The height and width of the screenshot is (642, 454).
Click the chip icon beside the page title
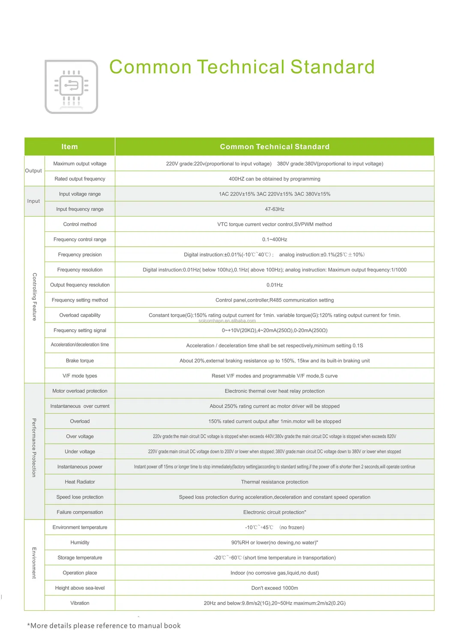(x=72, y=87)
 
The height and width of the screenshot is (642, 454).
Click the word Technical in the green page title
(x=241, y=67)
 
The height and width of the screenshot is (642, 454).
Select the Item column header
(x=69, y=147)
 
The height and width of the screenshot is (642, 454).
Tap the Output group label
(x=33, y=171)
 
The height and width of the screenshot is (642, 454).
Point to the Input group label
(x=33, y=201)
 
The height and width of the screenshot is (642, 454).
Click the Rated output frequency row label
(x=80, y=179)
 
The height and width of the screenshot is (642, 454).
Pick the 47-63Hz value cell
(x=275, y=209)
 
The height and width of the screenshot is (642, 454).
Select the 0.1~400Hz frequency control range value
(x=275, y=240)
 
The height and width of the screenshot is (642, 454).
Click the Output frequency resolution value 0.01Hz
(x=275, y=285)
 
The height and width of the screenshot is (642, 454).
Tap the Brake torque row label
(x=80, y=361)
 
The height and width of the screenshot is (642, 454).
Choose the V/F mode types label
(x=80, y=376)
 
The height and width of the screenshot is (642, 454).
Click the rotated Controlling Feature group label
(x=34, y=297)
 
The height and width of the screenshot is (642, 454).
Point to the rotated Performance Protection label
(x=34, y=448)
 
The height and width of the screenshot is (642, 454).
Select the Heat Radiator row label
(x=80, y=482)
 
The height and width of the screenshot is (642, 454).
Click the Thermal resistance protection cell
(x=275, y=482)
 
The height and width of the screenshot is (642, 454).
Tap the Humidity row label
(x=80, y=543)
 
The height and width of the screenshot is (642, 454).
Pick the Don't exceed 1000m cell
(x=275, y=588)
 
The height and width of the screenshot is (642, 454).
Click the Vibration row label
(x=80, y=603)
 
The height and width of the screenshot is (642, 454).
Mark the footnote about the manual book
(x=104, y=626)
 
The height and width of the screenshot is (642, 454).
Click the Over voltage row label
(x=80, y=437)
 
